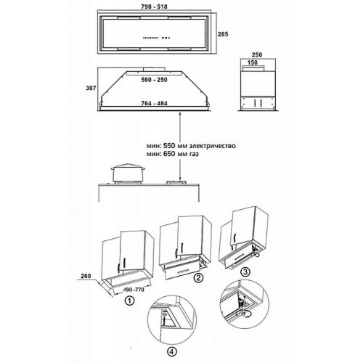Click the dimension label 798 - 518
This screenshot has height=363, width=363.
[x=154, y=7]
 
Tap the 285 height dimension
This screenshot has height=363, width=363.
[x=223, y=34]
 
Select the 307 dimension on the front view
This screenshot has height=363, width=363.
[x=91, y=89]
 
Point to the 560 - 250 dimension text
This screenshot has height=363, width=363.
[x=154, y=80]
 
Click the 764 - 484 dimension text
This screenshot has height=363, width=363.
[x=154, y=103]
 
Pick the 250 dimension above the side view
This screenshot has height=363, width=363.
[x=257, y=54]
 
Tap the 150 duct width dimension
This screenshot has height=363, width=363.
[x=253, y=62]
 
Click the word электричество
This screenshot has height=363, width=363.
[x=213, y=146]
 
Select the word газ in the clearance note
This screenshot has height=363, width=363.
[x=193, y=154]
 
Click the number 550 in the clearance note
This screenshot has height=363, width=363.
[x=168, y=146]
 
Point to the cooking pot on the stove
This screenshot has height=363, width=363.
[x=128, y=173]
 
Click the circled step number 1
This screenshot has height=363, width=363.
[x=129, y=301]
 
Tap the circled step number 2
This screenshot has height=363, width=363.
[x=198, y=277]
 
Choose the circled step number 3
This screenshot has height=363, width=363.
[x=245, y=272]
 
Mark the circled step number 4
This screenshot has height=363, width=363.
[x=172, y=352]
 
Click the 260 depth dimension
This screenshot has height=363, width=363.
[x=86, y=276]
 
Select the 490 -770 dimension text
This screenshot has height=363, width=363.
[x=134, y=290]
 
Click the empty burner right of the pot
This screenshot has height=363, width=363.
[x=176, y=182]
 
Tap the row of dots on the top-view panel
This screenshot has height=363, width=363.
[x=157, y=38]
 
